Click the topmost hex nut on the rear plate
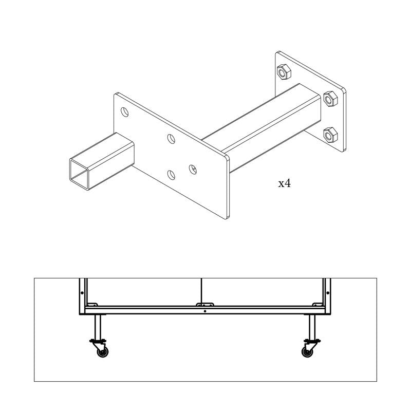click(283, 71)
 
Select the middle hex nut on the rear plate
click(330, 98)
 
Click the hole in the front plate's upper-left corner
click(124, 111)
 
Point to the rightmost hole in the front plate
click(193, 169)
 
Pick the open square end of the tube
click(82, 172)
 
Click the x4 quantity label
click(284, 183)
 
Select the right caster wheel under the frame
click(307, 352)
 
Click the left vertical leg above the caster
click(98, 326)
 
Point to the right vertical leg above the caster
click(312, 326)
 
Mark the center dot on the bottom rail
click(205, 311)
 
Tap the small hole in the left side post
click(82, 293)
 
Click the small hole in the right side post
click(327, 293)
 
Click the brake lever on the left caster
click(93, 341)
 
